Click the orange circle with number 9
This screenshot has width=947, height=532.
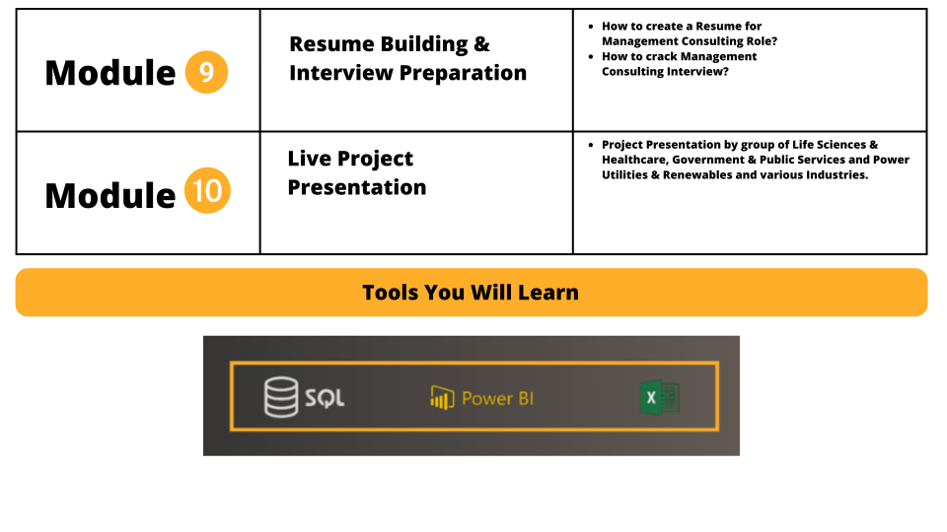(206, 72)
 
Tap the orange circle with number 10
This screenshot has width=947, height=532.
(207, 190)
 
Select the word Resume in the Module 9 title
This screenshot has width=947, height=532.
(332, 44)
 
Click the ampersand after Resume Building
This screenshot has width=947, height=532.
(481, 44)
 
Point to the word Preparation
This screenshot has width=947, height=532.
(463, 74)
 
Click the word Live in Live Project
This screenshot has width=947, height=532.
(309, 159)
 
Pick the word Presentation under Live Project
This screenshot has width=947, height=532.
(357, 187)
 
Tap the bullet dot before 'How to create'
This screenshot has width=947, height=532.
(591, 27)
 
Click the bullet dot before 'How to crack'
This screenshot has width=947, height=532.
(591, 57)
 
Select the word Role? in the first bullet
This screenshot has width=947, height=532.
(762, 41)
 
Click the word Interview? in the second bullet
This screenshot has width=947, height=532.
(700, 71)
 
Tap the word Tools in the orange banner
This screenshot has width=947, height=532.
(391, 293)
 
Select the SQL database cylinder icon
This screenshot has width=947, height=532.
(281, 397)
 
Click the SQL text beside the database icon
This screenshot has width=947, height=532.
(325, 398)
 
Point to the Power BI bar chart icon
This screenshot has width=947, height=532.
(442, 398)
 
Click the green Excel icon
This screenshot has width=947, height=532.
(660, 397)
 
